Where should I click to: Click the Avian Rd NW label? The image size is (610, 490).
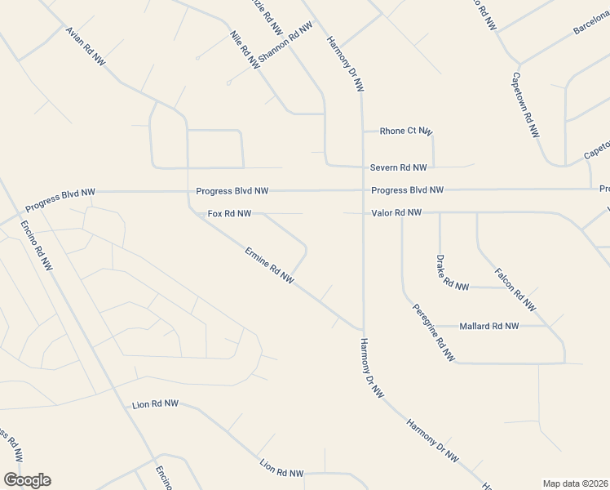(86, 46)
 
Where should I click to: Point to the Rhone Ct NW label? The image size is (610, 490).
(406, 131)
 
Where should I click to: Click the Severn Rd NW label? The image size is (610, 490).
(398, 167)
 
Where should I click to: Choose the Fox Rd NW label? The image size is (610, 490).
(229, 214)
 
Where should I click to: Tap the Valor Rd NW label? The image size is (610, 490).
(396, 212)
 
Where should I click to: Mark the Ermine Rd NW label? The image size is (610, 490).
(269, 265)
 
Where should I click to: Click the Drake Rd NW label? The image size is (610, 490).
(453, 274)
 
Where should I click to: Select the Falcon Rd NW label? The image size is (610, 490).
(515, 289)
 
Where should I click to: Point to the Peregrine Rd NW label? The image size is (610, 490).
(434, 332)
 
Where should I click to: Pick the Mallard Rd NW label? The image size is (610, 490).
(489, 326)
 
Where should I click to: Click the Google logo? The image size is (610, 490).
(27, 480)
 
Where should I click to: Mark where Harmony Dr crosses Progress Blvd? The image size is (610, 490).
(362, 190)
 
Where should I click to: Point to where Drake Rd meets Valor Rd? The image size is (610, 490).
(440, 213)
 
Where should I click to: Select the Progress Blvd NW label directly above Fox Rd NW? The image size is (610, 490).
(232, 191)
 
